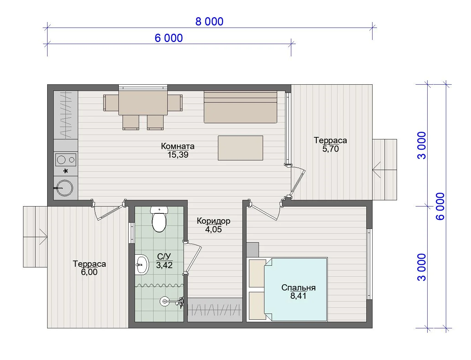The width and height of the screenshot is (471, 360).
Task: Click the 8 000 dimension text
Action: pos(209,22)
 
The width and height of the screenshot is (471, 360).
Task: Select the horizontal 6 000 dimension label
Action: pos(169,38)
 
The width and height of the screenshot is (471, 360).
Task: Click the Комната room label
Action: pos(178,146)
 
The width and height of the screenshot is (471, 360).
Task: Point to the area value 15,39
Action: pos(178,155)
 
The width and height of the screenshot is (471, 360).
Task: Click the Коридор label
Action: pos(213,221)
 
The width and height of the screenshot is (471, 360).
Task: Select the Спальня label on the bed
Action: pos(299,288)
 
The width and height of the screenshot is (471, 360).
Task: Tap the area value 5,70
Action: pos(331,149)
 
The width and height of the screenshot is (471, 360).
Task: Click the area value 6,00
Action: pos(89,272)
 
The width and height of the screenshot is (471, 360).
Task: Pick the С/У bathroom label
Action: pos(164,256)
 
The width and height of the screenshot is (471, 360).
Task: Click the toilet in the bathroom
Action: pos(159,219)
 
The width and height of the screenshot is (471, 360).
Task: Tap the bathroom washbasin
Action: pos(142,265)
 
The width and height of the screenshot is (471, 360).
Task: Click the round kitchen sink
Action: pos(65,188)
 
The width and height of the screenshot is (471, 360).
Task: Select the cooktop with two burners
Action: pos(66,160)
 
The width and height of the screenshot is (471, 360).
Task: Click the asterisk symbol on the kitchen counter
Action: pos(66,171)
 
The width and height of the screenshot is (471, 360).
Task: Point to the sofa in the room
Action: pos(240,107)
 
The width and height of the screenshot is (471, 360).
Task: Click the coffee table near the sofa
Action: pos(240,148)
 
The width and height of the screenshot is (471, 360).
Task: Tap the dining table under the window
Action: pos(143,103)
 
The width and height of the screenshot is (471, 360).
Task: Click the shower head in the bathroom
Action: pos(165,301)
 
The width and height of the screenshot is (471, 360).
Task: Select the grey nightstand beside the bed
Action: pos(253,250)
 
